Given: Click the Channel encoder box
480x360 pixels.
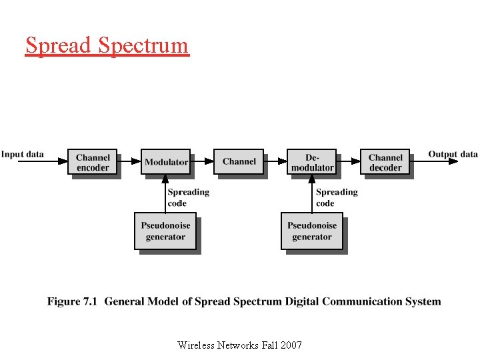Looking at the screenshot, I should pos(93,162).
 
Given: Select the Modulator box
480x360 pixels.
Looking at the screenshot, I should pos(166,161).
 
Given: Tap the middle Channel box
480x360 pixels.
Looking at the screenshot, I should pos(239,161).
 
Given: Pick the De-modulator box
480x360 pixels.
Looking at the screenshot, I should pos(312,162).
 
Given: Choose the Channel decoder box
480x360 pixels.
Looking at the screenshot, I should pos(385,162).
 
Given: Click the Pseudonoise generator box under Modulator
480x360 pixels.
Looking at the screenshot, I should pos(165,231).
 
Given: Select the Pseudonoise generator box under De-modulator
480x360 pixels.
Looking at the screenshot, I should pos(312,231).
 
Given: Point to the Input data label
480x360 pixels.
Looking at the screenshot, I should pos(23,154).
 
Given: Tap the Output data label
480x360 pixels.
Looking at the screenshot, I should pos(453,154).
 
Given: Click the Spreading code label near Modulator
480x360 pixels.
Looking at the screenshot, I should pos(188,197).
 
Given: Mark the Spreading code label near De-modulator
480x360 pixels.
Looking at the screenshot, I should pos(337,197).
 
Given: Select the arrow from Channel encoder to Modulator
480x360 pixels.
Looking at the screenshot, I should pos(129,161).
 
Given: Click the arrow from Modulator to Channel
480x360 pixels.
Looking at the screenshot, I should pos(202,161).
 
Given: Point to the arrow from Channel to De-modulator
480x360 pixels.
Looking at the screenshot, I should pos(275,161).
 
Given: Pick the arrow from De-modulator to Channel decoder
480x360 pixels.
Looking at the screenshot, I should pos(349,161).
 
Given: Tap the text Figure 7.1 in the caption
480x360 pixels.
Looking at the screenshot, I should pos(73,301).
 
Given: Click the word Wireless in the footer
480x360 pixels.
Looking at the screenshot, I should pos(197,345).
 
